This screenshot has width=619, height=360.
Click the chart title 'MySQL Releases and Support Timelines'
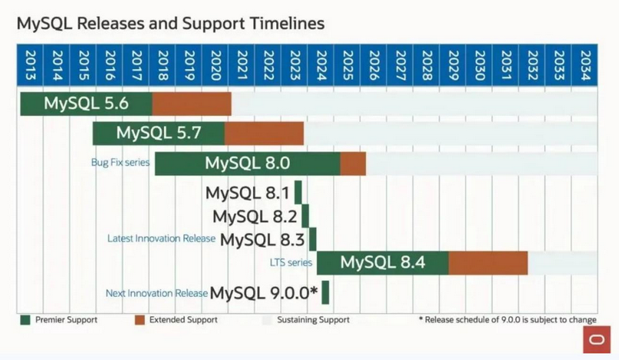click(170, 23)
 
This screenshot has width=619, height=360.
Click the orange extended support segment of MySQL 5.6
click(192, 104)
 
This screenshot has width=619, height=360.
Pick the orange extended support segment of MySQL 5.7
click(264, 133)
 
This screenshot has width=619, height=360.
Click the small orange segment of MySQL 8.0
click(353, 163)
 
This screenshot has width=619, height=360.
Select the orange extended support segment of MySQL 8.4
click(488, 263)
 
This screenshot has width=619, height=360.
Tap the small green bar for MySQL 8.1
click(298, 192)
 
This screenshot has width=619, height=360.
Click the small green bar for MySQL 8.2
click(305, 216)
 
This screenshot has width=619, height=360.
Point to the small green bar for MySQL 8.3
click(312, 239)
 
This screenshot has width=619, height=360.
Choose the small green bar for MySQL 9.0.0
click(326, 292)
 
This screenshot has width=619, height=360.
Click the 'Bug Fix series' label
click(120, 163)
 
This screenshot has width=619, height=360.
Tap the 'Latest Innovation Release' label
click(162, 239)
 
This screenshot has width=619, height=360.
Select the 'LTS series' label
click(291, 263)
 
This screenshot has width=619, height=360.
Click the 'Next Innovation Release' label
click(156, 292)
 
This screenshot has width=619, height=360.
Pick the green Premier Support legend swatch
click(26, 319)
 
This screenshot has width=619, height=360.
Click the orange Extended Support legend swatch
click(139, 319)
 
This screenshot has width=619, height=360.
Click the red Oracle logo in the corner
click(597, 340)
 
